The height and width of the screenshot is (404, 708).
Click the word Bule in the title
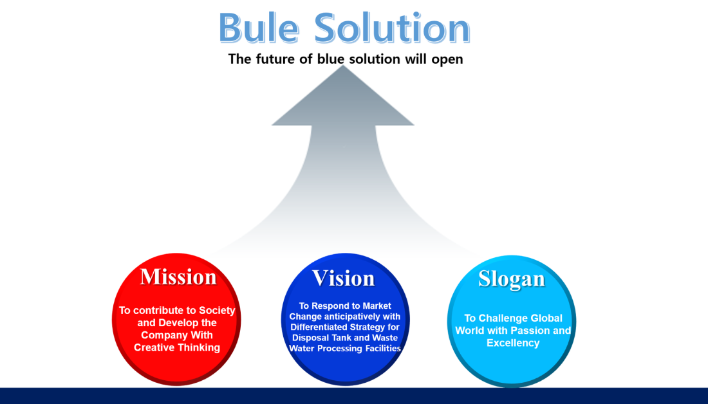point(259,28)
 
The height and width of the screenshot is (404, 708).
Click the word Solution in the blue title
point(392,28)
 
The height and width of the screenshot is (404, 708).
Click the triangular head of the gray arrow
point(342,99)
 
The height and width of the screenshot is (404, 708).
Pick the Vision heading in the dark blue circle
point(344,278)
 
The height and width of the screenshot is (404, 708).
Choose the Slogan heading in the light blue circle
point(512,279)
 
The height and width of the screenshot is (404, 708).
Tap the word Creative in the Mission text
point(153,347)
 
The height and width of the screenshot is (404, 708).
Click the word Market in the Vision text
point(377,306)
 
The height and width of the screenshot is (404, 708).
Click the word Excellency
point(513,343)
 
